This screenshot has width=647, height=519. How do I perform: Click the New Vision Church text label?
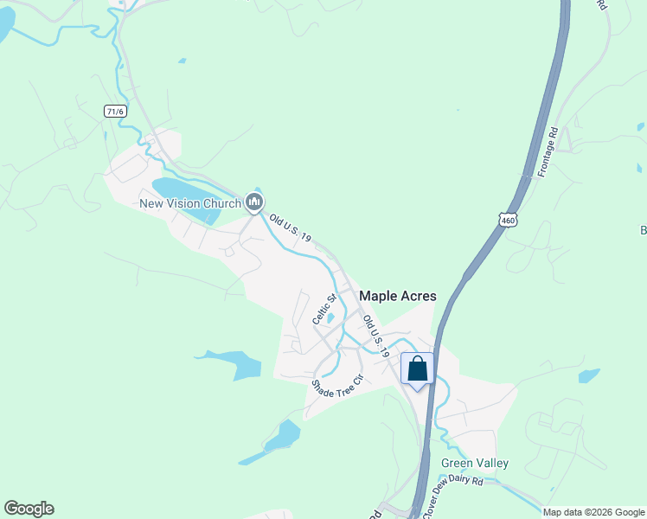(190, 203)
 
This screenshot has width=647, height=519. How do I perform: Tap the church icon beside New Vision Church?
(254, 202)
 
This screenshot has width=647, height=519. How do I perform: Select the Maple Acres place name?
(398, 296)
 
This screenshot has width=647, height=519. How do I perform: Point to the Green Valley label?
(475, 463)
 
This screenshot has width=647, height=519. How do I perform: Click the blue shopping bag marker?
(417, 369)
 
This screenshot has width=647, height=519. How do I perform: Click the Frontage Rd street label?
(547, 153)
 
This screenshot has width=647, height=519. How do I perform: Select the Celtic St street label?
(324, 309)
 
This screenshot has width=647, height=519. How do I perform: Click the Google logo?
(29, 509)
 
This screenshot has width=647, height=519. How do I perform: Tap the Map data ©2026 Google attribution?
(594, 512)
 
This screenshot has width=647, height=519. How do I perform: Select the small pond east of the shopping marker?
(589, 375)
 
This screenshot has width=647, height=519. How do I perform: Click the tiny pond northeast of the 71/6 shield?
(182, 61)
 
